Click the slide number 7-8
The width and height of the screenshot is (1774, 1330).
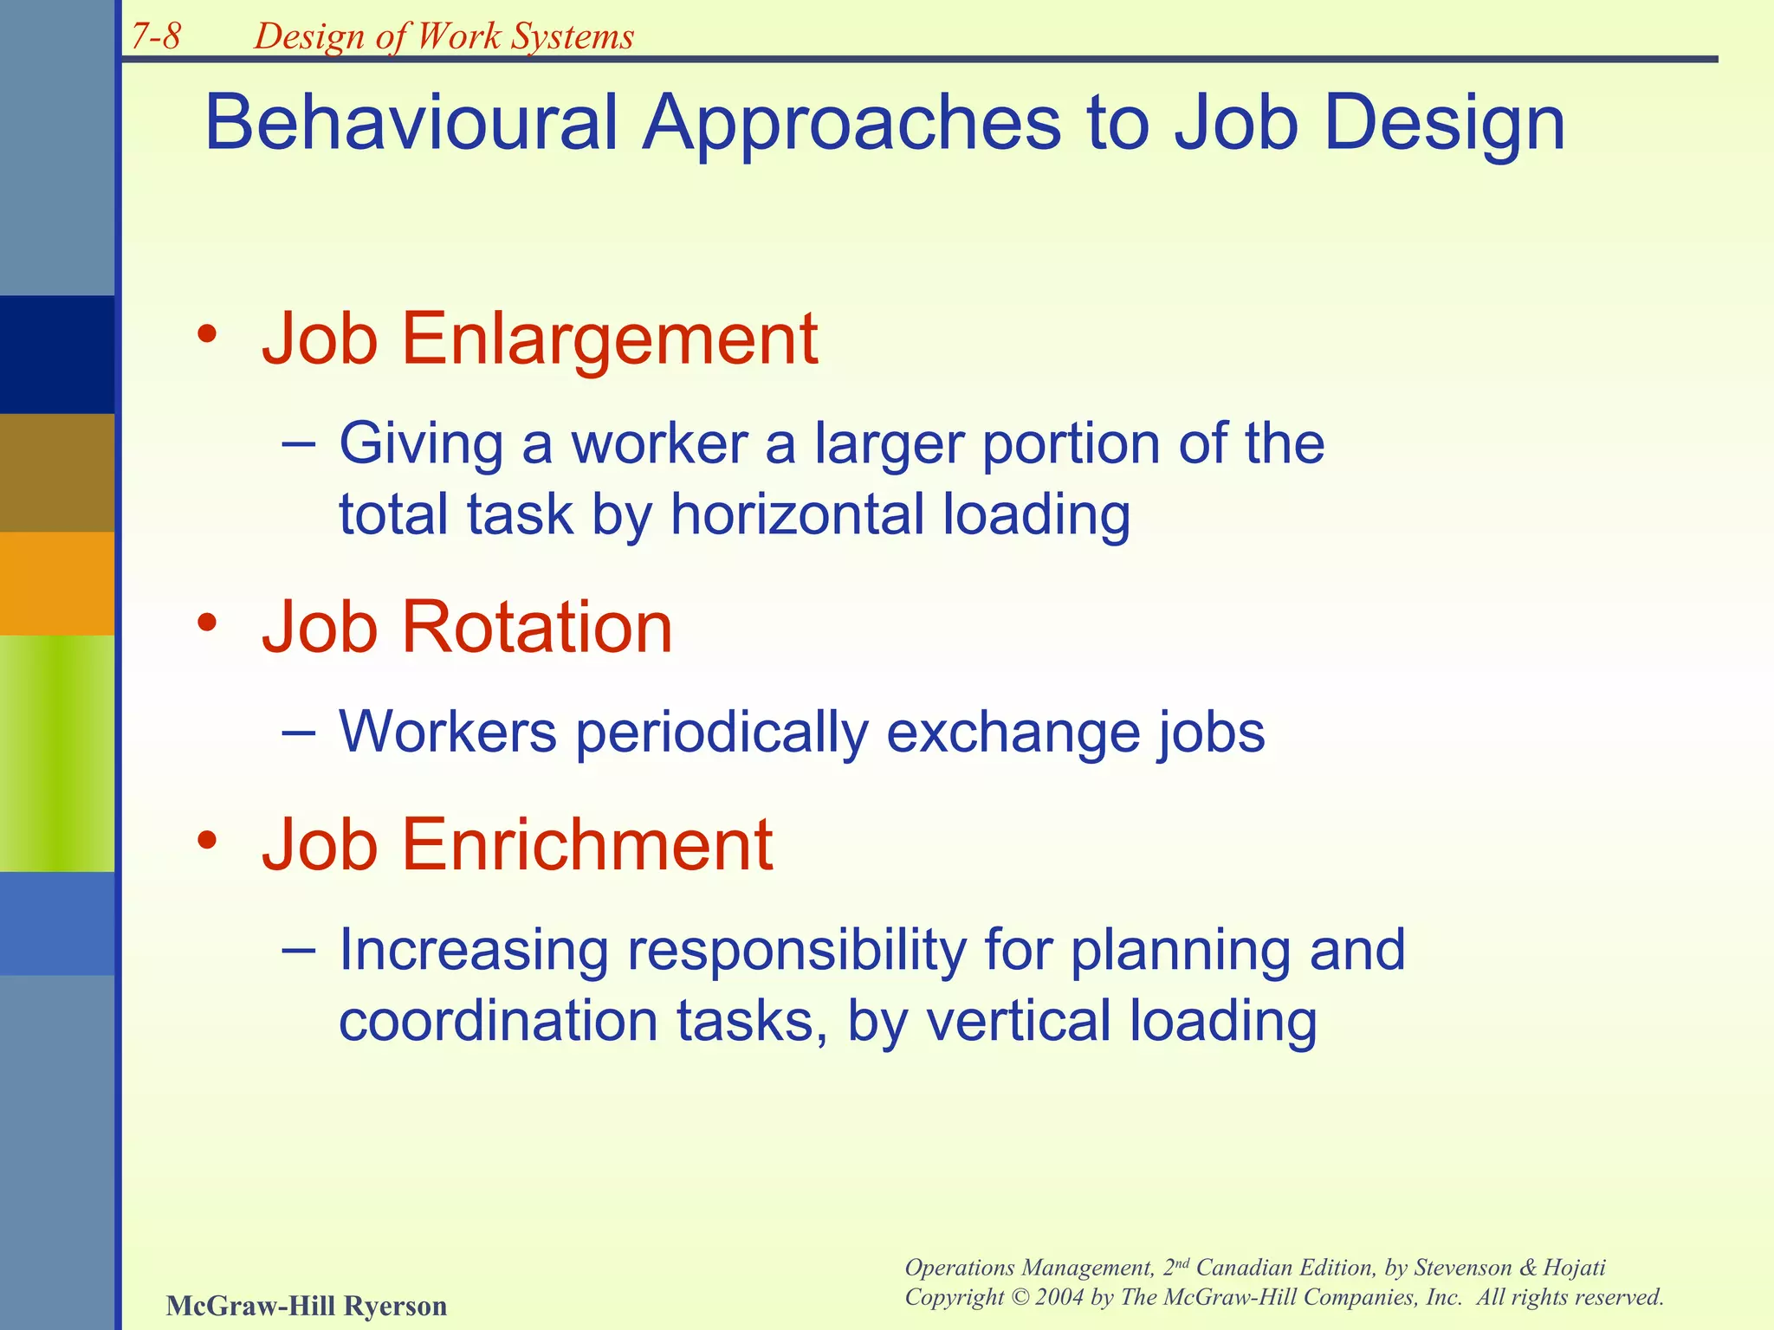tap(156, 36)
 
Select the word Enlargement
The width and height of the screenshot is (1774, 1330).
tap(609, 339)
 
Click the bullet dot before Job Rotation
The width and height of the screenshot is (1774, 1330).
tap(207, 623)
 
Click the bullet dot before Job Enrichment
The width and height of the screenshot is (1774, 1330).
tap(207, 840)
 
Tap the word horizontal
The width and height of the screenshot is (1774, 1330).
tap(797, 514)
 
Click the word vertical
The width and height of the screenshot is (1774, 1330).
tap(1019, 1021)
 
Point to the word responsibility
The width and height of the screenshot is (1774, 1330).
tap(796, 951)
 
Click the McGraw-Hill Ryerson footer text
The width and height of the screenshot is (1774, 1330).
tap(306, 1305)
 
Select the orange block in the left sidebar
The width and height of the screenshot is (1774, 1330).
tap(56, 583)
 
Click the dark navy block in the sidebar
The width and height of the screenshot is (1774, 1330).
tap(56, 354)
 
